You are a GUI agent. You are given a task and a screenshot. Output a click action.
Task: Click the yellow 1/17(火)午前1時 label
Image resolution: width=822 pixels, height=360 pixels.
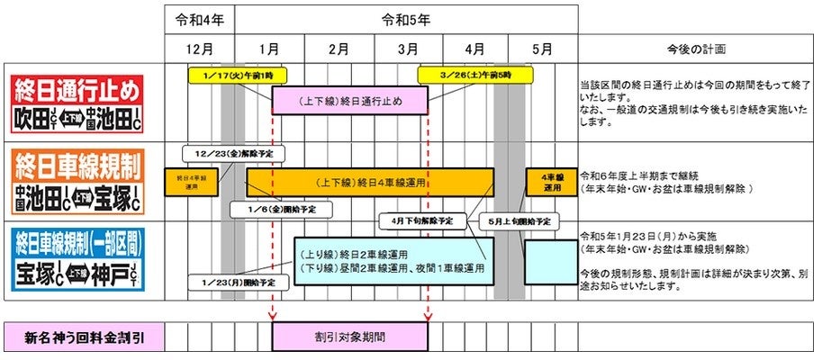point(229,74)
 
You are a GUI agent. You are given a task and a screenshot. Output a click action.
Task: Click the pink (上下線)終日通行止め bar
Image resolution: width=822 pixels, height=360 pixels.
point(349,100)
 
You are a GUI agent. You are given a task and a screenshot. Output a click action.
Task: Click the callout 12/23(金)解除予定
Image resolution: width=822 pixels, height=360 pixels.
point(227,154)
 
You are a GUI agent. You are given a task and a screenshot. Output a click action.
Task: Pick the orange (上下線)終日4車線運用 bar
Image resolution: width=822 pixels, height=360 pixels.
point(369,183)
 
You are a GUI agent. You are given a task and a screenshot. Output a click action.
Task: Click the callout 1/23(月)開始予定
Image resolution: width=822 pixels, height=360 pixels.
point(232,283)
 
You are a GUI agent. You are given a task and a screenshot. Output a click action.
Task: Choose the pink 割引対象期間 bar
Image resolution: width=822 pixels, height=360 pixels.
point(349,337)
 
